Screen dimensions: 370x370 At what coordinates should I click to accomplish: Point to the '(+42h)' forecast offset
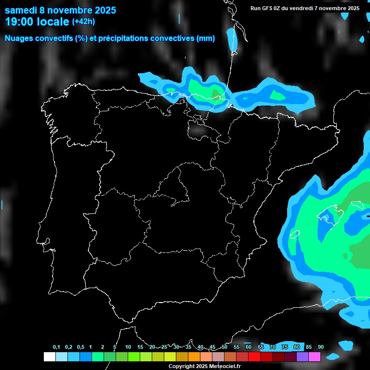(83, 21)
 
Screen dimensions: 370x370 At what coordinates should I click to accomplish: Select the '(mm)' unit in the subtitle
(206, 39)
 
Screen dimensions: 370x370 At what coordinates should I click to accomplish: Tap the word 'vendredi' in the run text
(302, 8)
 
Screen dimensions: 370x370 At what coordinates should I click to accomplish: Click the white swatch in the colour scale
(49, 357)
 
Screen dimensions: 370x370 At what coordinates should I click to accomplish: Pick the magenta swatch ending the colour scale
(315, 357)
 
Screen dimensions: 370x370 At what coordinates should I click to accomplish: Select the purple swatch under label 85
(303, 357)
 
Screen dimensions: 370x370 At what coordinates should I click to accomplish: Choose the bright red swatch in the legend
(254, 357)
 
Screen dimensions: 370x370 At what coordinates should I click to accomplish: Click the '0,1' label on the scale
(56, 347)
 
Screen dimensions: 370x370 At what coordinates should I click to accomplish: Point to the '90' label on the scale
(320, 347)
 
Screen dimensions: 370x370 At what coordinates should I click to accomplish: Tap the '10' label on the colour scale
(128, 347)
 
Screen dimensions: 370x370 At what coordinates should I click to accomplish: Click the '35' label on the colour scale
(188, 347)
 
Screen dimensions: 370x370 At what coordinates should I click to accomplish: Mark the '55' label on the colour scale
(236, 347)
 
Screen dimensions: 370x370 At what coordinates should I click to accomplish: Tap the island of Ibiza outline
(294, 235)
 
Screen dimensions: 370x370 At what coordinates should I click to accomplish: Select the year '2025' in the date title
(102, 10)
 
